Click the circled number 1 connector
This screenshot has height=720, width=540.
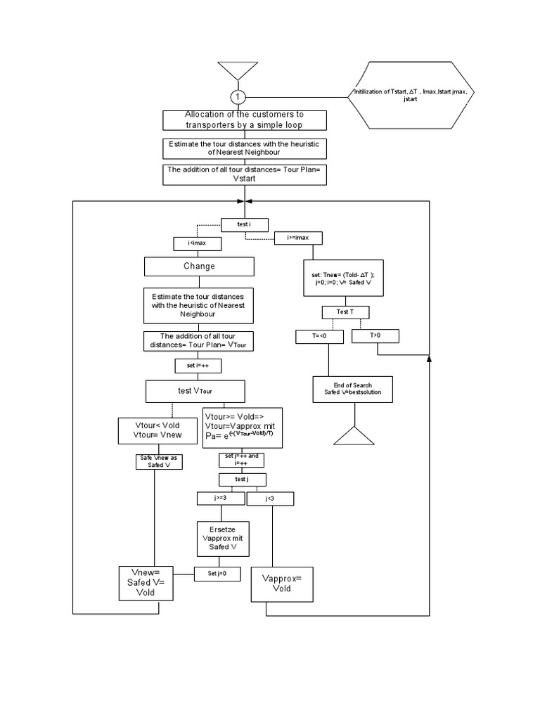point(238,97)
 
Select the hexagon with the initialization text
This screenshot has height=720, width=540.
point(411,95)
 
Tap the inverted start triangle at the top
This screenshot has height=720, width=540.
point(238,71)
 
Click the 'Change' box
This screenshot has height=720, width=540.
point(199,266)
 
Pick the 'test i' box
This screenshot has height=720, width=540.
point(244,224)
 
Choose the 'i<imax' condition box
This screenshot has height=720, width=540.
point(197,243)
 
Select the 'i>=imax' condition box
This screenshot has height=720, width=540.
point(298,238)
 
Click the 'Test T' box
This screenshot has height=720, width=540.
point(345,312)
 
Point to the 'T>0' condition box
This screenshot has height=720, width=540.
point(375,335)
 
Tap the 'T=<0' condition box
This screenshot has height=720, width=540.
point(319,336)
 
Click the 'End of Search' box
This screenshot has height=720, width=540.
point(353,390)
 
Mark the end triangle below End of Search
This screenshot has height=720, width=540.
point(354,436)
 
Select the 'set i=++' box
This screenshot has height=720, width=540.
point(198,366)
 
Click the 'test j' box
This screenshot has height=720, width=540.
point(242,480)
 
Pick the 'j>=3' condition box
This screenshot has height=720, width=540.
point(220,499)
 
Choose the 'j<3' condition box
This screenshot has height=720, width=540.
point(270,499)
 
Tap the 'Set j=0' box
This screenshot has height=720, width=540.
point(217,574)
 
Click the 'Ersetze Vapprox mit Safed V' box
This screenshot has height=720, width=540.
point(223,539)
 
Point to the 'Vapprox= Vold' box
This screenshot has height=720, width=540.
point(282,584)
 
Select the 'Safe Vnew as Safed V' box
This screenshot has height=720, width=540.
point(159,462)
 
